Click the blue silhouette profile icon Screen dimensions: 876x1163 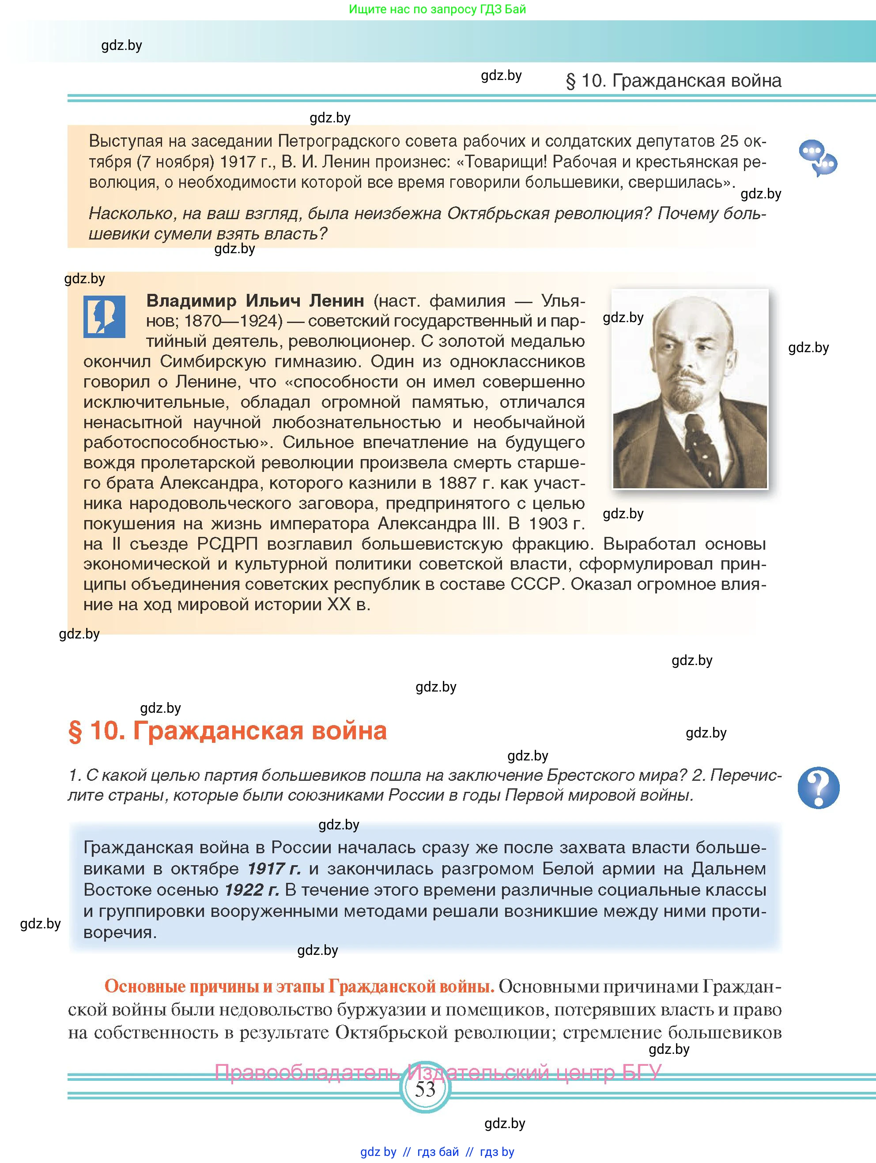(104, 316)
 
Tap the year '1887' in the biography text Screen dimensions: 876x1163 (459, 483)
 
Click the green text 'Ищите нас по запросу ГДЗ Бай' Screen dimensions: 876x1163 (437, 9)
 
